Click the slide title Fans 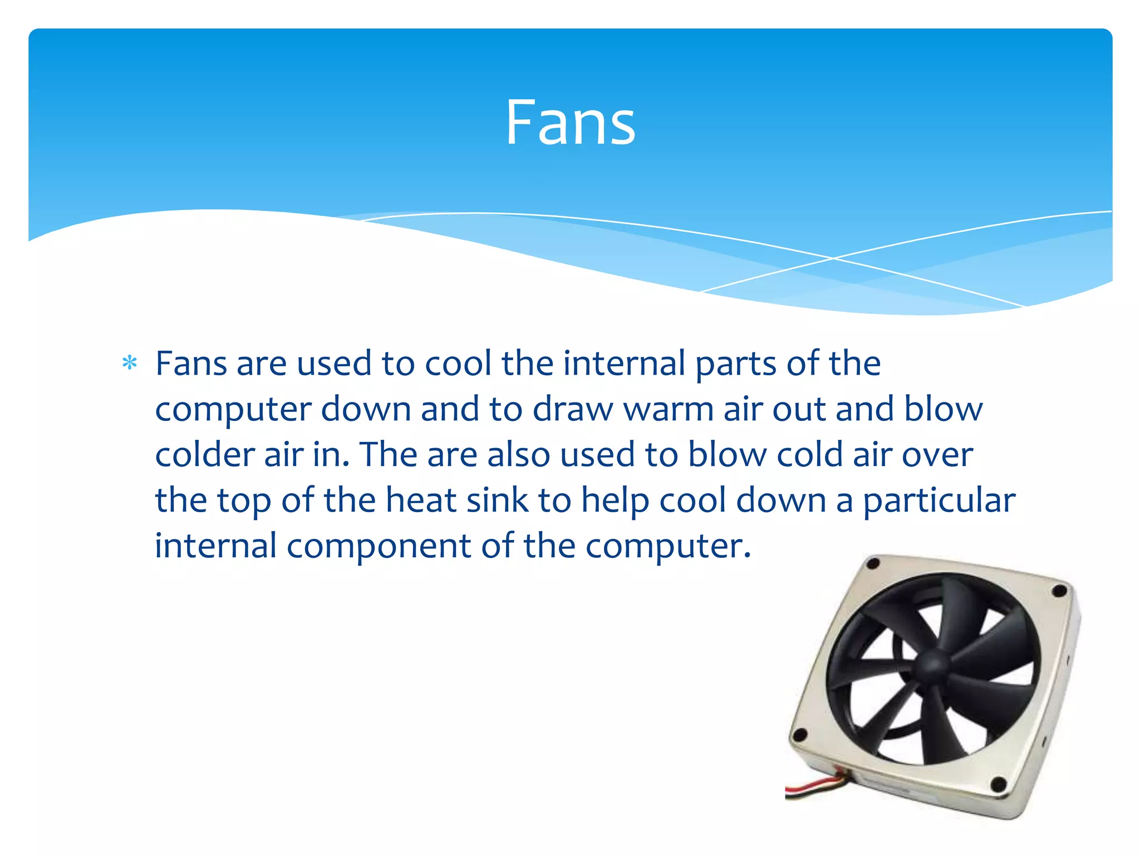[x=570, y=122]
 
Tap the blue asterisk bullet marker [x=130, y=363]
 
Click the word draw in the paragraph [x=572, y=409]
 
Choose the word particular [x=939, y=501]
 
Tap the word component [x=379, y=547]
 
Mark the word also [x=519, y=455]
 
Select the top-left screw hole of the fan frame [x=873, y=564]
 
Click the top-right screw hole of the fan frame [x=1060, y=589]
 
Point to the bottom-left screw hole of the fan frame [x=800, y=735]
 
